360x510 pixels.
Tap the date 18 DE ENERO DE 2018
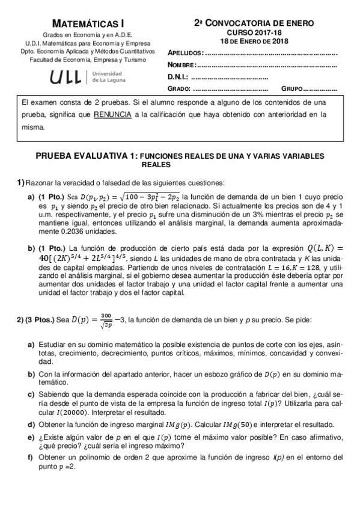255,41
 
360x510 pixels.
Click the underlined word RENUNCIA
113,114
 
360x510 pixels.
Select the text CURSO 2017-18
254,32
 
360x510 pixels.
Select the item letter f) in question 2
30,457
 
